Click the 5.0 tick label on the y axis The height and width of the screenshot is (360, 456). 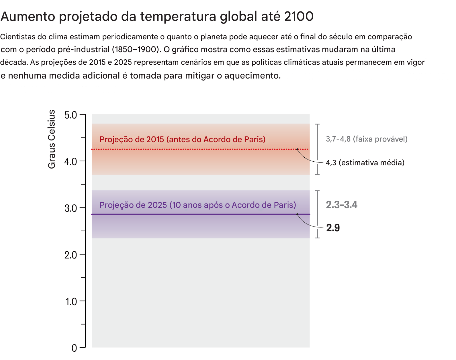[71, 115]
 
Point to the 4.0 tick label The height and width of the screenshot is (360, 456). [71, 162]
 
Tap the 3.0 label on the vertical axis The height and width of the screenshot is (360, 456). [71, 208]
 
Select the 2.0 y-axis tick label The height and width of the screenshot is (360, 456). [71, 255]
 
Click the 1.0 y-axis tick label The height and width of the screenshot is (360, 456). [71, 302]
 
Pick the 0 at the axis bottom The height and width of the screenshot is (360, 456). [74, 348]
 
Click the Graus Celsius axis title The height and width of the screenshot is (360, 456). [52, 139]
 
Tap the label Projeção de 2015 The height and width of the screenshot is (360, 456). [182, 139]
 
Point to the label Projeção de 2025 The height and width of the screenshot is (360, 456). [197, 205]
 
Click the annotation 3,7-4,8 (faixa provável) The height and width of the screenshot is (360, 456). [367, 139]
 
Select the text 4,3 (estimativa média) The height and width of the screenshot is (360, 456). [365, 163]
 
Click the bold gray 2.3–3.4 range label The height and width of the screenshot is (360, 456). [341, 205]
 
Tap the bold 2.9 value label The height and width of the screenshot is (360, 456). [333, 228]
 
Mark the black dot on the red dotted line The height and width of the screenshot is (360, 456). [298, 149]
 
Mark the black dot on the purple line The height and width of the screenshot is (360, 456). [298, 214]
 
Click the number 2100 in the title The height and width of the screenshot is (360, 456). [299, 16]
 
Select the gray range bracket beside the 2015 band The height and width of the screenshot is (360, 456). [317, 149]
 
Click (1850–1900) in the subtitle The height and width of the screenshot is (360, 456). [135, 49]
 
